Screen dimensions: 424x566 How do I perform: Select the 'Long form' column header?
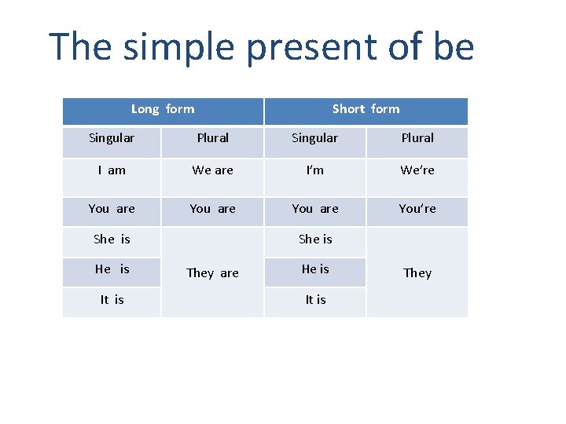click(x=163, y=109)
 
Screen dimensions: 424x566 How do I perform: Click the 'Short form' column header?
click(x=366, y=109)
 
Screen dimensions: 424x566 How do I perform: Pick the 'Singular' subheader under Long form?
click(x=112, y=138)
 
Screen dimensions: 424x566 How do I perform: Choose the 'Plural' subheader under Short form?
click(x=417, y=138)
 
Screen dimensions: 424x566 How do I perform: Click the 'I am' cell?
click(x=112, y=170)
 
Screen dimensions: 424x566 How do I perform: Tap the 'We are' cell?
click(x=213, y=170)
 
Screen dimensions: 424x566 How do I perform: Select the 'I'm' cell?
click(x=314, y=170)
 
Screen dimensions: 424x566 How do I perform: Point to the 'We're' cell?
click(x=417, y=170)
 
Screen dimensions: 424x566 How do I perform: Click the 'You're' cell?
click(x=417, y=209)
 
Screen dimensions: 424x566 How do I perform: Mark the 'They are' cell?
click(x=212, y=273)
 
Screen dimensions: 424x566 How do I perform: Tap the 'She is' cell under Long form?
click(x=112, y=239)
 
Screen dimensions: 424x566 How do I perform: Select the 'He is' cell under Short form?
click(x=315, y=269)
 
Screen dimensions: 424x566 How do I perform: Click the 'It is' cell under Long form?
click(x=112, y=300)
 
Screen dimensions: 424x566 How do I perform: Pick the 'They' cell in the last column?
click(x=417, y=273)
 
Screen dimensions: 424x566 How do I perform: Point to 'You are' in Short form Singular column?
click(x=315, y=209)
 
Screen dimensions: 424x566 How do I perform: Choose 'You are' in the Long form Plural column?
click(x=213, y=209)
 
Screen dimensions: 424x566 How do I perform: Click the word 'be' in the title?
click(x=452, y=48)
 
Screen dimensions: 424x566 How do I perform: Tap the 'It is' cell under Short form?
click(x=315, y=300)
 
